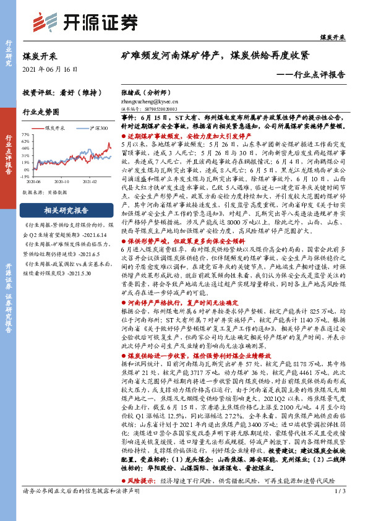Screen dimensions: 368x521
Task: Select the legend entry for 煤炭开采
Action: [58, 127]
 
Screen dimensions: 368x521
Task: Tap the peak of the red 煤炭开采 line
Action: [109, 143]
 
